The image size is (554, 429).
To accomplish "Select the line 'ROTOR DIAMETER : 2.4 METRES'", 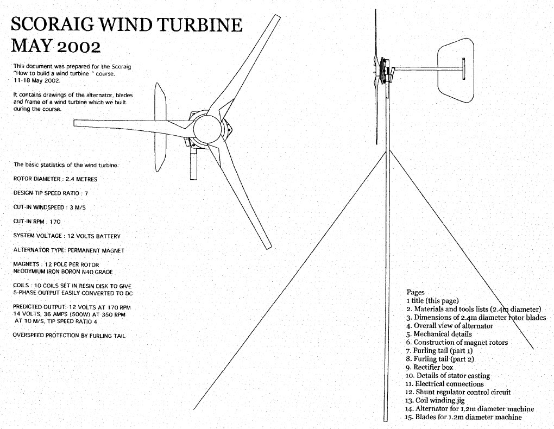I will click(x=56, y=178).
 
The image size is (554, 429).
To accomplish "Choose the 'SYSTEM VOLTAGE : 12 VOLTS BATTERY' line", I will click(x=67, y=236).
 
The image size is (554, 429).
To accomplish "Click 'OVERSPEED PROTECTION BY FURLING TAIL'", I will click(x=70, y=336).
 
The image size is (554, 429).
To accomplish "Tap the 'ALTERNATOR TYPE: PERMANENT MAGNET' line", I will click(x=69, y=250).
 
